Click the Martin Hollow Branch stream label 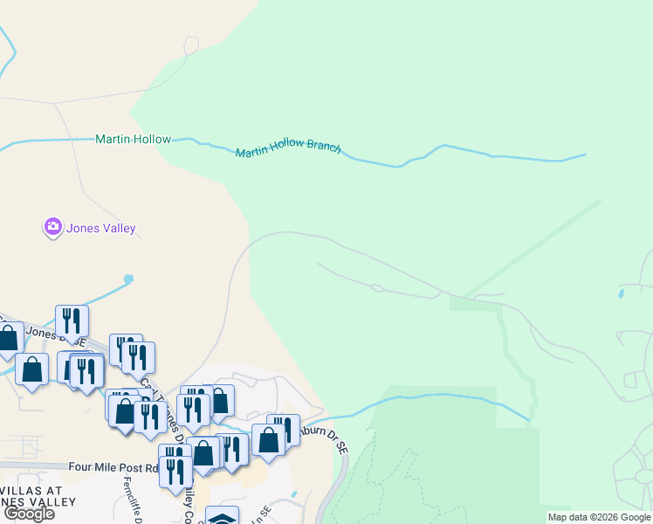(x=288, y=149)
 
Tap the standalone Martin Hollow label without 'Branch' (x=133, y=139)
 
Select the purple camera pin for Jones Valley (x=52, y=228)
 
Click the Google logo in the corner (x=29, y=514)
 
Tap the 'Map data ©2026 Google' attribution (x=599, y=517)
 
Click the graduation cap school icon (x=223, y=516)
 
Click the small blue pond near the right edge (x=621, y=294)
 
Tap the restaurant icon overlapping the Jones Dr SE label (x=72, y=321)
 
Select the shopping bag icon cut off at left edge (x=8, y=337)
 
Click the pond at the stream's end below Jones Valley (x=129, y=279)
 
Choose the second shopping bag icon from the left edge (x=32, y=369)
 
